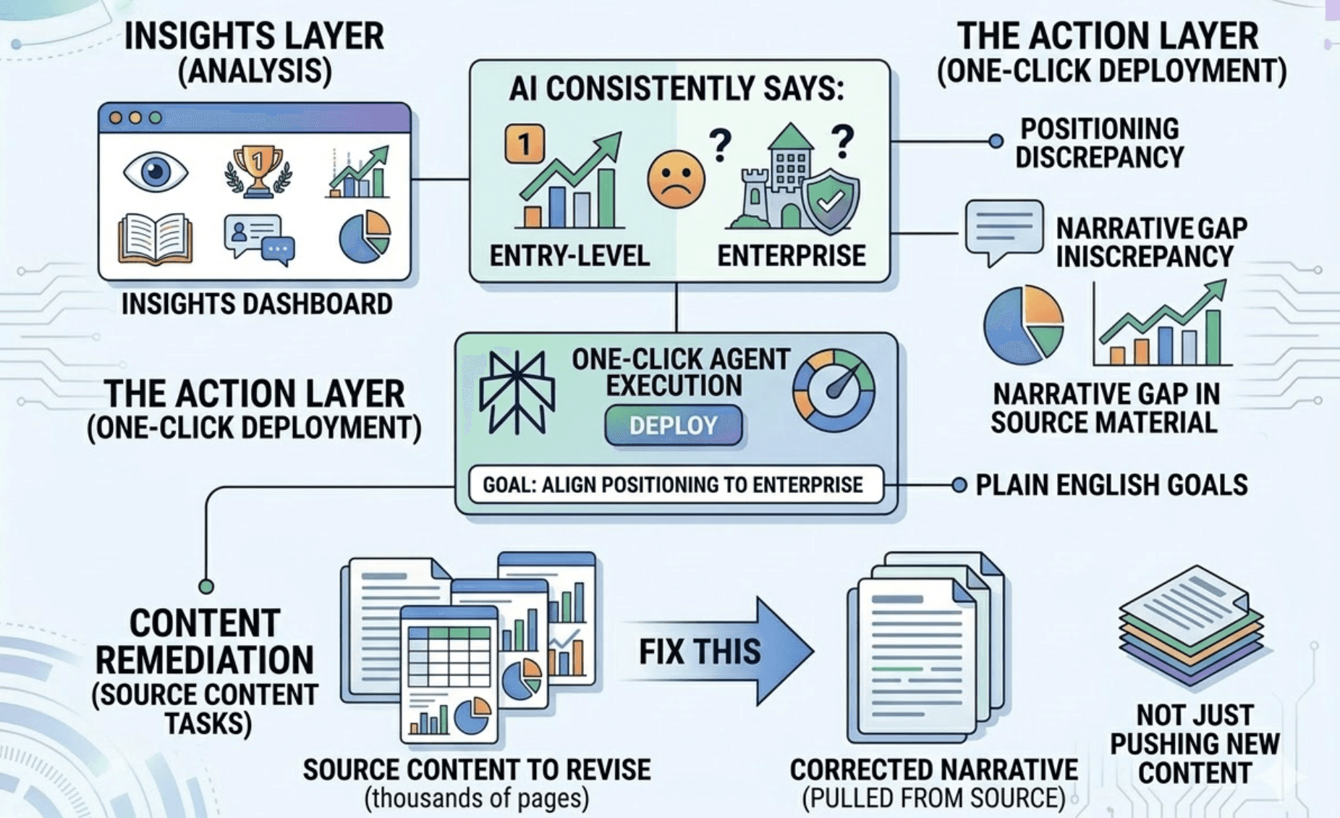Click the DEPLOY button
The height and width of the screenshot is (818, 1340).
(673, 425)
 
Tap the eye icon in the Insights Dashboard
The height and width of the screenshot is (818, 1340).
(155, 172)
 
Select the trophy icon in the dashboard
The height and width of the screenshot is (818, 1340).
(258, 172)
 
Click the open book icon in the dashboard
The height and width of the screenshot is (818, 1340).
(155, 238)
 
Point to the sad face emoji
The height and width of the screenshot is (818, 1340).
(676, 180)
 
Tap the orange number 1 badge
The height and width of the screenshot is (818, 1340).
(525, 143)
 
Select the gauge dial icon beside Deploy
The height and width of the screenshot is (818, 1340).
(834, 391)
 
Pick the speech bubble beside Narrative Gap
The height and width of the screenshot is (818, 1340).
(1004, 230)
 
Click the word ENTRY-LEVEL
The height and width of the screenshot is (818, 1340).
(569, 256)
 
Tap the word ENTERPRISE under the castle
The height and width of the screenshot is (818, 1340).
(791, 256)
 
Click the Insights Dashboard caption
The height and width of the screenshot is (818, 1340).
(257, 304)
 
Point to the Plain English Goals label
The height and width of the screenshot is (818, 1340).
(1111, 485)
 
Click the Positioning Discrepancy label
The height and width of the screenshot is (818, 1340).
(1099, 143)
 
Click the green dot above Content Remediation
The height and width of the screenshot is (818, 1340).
(206, 586)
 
